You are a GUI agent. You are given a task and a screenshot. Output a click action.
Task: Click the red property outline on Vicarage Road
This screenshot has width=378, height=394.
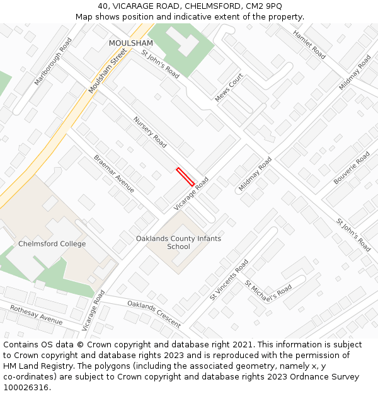point(185,176)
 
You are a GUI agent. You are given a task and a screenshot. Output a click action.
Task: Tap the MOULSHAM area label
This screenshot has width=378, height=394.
point(131,43)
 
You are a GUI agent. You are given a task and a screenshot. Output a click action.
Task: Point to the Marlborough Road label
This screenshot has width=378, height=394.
point(53,62)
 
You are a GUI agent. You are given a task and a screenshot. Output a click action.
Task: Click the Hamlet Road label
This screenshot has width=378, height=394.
point(309,45)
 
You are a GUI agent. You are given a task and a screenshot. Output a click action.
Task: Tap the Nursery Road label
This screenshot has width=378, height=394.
point(150,132)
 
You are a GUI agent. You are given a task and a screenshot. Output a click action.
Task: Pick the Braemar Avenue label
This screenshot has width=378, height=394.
point(114,173)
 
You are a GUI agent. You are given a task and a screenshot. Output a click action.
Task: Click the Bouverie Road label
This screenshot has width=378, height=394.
point(352,168)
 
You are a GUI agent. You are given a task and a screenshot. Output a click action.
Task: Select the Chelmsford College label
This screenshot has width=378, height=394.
point(52,244)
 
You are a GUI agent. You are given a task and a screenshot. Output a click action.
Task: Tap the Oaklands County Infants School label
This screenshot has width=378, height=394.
point(179,243)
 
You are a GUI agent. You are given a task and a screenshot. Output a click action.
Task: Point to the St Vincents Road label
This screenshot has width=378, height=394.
point(229,279)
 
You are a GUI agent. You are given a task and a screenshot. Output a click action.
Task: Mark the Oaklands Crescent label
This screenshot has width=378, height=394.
point(154,314)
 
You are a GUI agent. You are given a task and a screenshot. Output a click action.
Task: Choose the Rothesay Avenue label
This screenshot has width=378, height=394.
point(36,313)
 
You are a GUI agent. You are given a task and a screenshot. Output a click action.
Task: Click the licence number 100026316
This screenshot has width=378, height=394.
point(26,388)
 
